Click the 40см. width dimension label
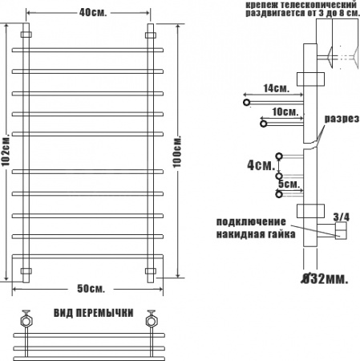[x=93, y=13]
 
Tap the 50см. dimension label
[x=91, y=289]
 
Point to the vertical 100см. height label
[x=176, y=152]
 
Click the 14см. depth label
[x=276, y=88]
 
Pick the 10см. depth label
[x=285, y=112]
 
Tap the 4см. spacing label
[x=261, y=165]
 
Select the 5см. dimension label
[x=289, y=184]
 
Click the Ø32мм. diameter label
[x=325, y=278]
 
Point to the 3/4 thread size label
[x=342, y=217]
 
